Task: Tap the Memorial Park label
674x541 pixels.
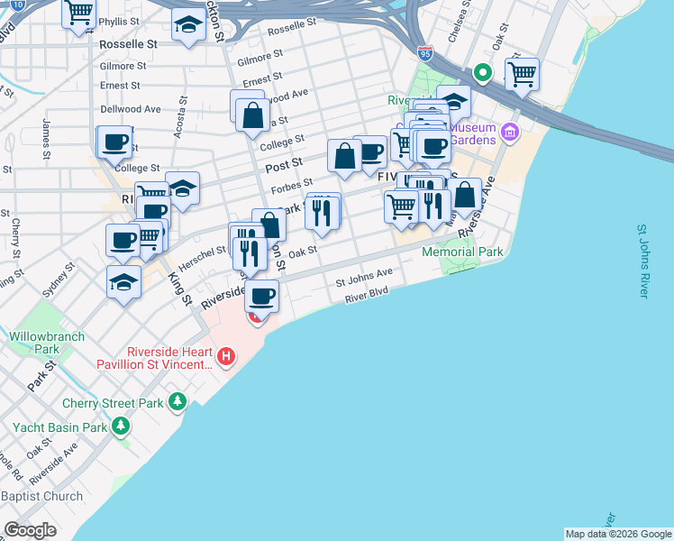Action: (463, 252)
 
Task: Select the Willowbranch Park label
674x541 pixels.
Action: (47, 343)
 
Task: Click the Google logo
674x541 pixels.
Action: (31, 529)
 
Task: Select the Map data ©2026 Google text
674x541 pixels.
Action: (618, 534)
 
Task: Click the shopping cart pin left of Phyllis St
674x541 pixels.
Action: (79, 13)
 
